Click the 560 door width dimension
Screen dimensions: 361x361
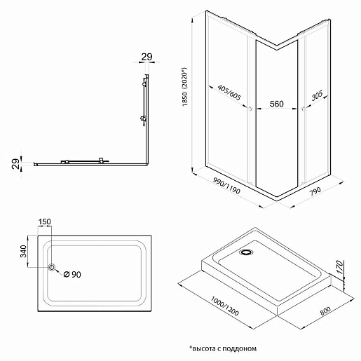point(276,104)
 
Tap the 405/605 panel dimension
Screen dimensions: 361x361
point(229,93)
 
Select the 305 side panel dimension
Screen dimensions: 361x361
point(317,95)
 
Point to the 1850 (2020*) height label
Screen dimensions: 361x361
point(184,87)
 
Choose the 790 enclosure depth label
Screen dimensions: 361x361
point(315,191)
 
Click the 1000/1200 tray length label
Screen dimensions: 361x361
point(225,306)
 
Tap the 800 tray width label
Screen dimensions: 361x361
point(325,311)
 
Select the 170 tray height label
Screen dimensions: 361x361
point(340,267)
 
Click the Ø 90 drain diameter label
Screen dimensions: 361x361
point(72,274)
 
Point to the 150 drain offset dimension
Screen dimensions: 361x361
point(44,222)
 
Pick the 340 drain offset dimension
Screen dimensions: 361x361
point(24,251)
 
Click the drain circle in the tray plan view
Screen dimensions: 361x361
point(52,267)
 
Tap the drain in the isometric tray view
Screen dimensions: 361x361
point(246,252)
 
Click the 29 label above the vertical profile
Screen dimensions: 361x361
point(147,57)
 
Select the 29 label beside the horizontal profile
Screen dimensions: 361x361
point(15,164)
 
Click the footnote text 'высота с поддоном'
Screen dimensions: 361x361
point(224,349)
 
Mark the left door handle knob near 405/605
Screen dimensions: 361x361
point(250,109)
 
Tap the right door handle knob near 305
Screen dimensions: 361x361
point(303,109)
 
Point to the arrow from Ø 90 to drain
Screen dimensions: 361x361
point(58,272)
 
